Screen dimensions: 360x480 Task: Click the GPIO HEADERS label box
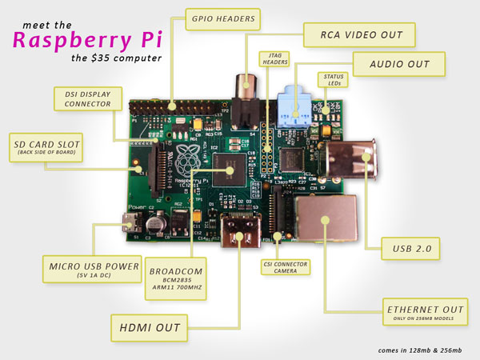224,18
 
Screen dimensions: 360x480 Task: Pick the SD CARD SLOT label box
48,146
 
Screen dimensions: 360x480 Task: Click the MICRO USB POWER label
94,269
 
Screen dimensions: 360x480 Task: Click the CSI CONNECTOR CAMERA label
286,267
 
